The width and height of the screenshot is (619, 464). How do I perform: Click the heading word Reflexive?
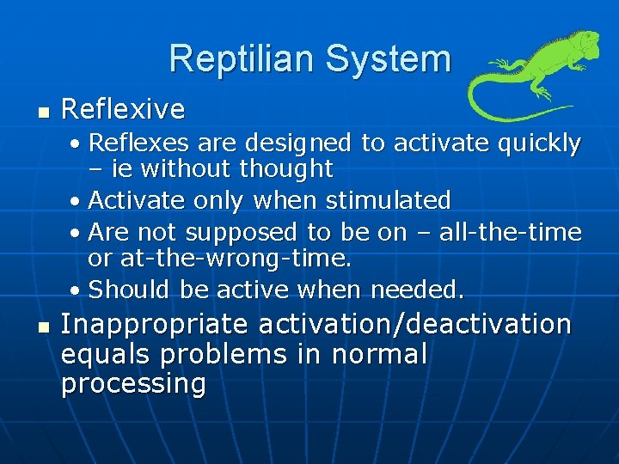tap(123, 109)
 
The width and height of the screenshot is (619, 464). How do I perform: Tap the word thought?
tap(287, 168)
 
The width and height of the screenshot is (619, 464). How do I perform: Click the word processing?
tap(133, 384)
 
